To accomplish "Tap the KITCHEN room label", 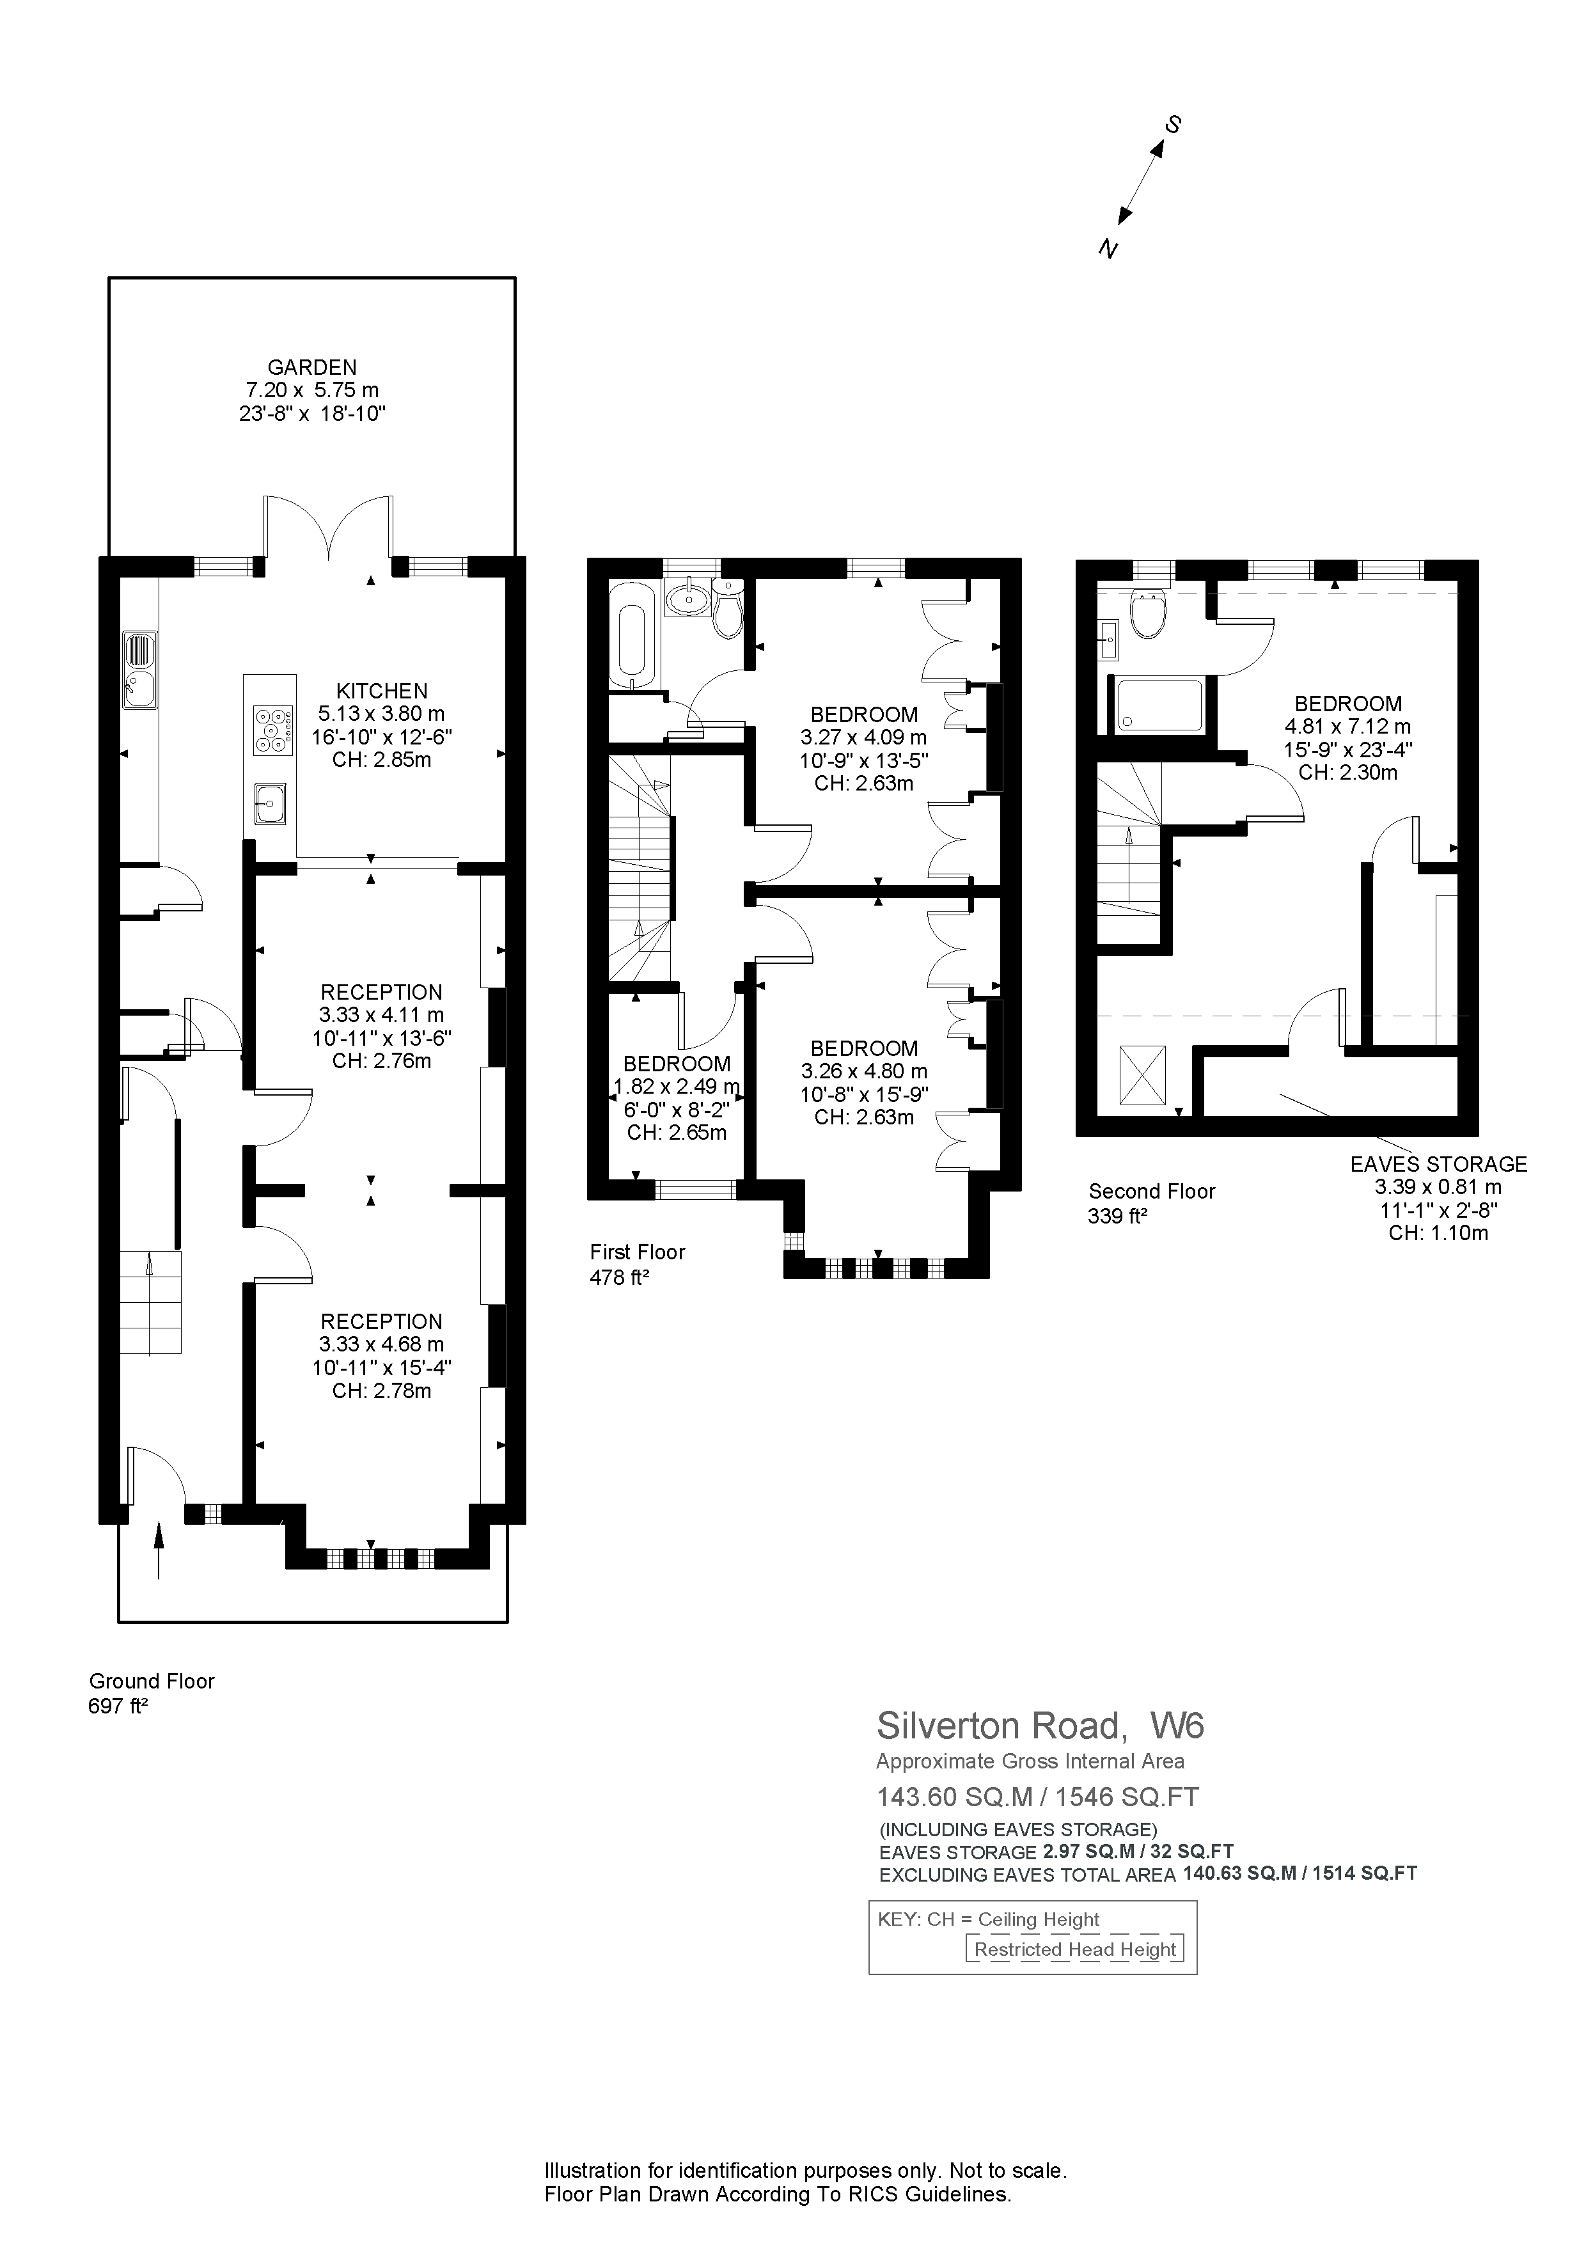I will coord(382,691).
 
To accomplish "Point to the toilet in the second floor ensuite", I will coord(1147,613).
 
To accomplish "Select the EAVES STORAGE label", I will coord(1438,1165).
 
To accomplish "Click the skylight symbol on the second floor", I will coord(1143,1076).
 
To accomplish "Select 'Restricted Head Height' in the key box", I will coord(1074,1949).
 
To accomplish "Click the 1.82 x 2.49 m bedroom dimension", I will coord(676,1087).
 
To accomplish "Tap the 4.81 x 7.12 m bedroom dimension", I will coord(1347,727).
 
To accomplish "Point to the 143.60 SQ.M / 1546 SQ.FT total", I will coord(1037,1797).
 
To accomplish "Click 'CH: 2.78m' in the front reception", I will coord(382,1391).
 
